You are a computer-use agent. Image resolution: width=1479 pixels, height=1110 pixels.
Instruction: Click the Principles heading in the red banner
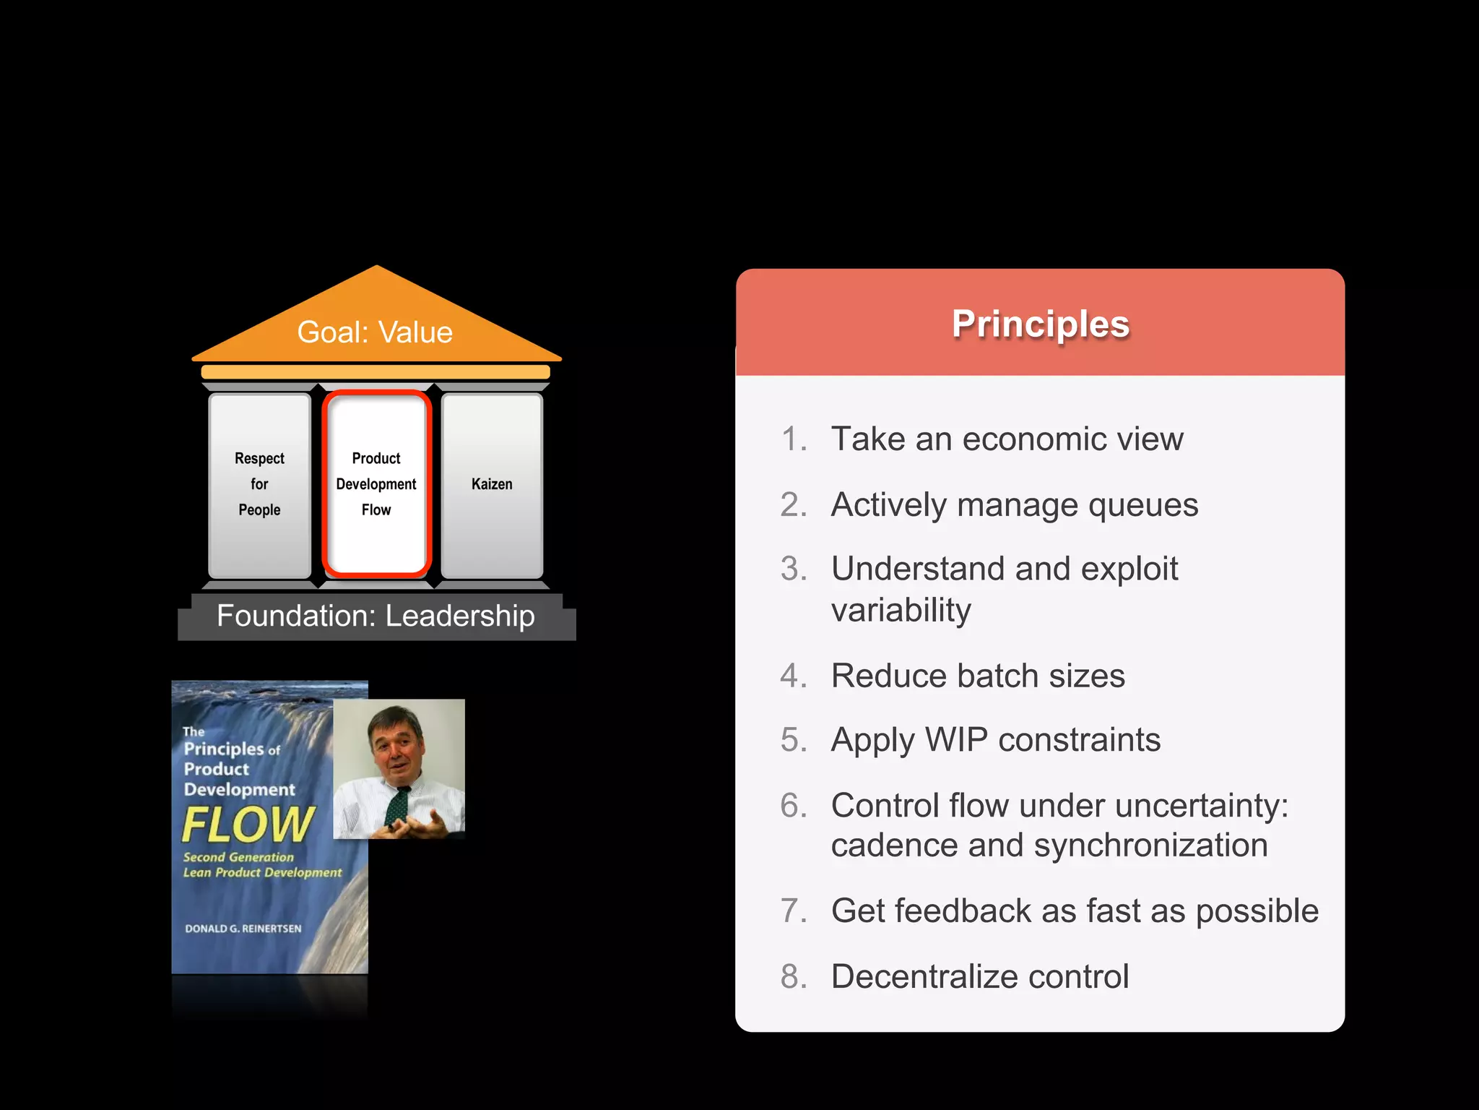[x=1040, y=324]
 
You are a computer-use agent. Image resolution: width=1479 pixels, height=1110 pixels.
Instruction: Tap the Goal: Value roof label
[x=375, y=332]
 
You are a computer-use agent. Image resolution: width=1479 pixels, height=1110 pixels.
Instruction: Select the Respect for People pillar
[x=259, y=484]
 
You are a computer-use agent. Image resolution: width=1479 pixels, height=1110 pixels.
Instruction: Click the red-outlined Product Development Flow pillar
[x=376, y=484]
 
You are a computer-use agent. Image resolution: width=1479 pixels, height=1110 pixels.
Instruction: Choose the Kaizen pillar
[x=492, y=484]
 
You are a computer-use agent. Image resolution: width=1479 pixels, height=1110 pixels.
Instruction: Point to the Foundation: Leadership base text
[x=376, y=616]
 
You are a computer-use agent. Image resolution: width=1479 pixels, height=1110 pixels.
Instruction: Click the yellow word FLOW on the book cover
[x=248, y=825]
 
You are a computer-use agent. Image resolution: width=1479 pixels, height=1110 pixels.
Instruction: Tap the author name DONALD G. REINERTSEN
[x=243, y=929]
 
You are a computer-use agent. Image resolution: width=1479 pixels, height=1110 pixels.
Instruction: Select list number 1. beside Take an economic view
[x=794, y=439]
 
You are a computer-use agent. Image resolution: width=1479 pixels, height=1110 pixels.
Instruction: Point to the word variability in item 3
[x=901, y=611]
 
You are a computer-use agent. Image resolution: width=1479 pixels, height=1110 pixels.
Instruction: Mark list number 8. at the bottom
[x=794, y=977]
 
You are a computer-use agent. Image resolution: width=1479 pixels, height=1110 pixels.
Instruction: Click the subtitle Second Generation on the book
[x=238, y=858]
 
